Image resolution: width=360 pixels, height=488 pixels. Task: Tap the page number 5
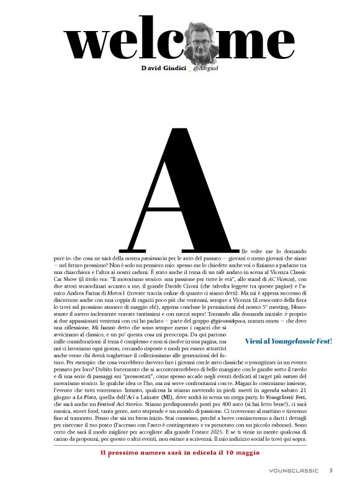coord(331,471)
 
